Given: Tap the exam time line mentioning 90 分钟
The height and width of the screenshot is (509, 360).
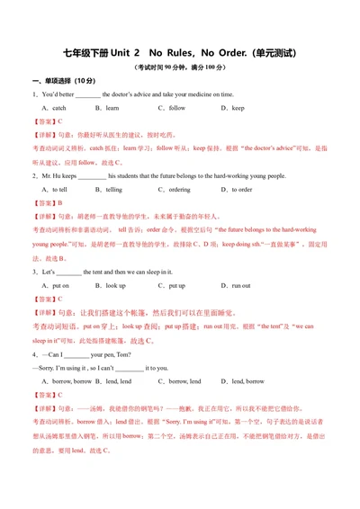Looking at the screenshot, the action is [180, 67].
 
